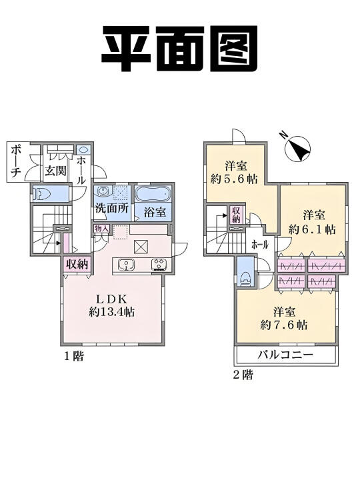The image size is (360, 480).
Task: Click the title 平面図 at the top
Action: (180, 48)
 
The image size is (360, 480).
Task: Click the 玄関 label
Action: (55, 171)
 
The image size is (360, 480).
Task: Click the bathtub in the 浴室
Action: (153, 193)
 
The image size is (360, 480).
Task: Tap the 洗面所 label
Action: (112, 208)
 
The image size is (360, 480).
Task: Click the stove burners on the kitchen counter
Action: (159, 265)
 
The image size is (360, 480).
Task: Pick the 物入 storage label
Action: (101, 228)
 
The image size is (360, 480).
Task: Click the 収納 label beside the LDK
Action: (77, 264)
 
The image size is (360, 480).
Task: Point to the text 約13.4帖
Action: (112, 312)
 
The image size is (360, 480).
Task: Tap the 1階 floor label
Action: (73, 356)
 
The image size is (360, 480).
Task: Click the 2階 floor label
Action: (243, 375)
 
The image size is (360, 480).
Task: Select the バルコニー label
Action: (285, 355)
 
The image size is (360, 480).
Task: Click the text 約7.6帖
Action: (284, 325)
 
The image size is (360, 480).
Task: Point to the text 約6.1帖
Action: (312, 229)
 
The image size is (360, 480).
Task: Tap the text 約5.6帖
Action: (233, 179)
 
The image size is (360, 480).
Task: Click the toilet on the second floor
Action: (245, 278)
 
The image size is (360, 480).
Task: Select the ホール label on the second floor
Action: (260, 245)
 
